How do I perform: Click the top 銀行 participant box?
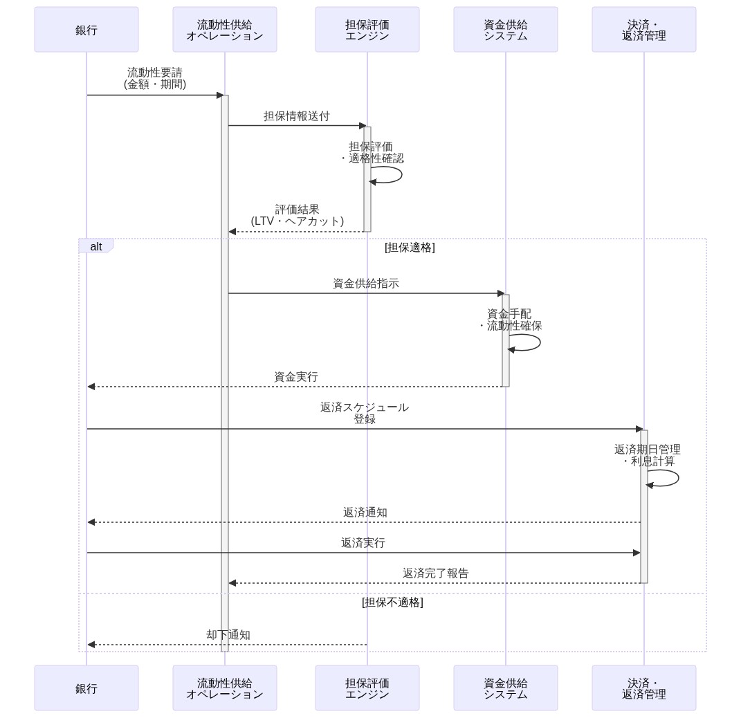pos(86,30)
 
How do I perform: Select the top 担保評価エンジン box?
pos(367,30)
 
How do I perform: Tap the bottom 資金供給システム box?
pos(506,688)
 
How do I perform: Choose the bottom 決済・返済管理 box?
pos(644,688)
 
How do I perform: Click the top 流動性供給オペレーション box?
pos(225,30)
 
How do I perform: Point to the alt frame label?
pos(96,247)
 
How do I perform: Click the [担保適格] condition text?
pos(410,248)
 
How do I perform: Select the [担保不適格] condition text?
pos(392,602)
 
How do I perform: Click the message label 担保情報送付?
pos(297,116)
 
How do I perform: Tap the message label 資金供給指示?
pos(366,284)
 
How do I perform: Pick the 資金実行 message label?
pos(296,377)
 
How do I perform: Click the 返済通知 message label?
pos(365,513)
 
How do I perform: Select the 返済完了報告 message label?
pos(436,573)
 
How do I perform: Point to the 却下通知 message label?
pos(228,635)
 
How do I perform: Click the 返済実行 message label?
pos(363,543)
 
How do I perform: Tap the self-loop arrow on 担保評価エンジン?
pos(388,175)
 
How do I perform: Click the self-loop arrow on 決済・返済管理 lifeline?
pos(665,478)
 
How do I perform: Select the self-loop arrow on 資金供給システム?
pos(527,342)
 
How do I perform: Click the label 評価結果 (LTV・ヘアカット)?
pos(298,215)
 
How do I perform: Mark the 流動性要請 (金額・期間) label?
pos(155,78)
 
